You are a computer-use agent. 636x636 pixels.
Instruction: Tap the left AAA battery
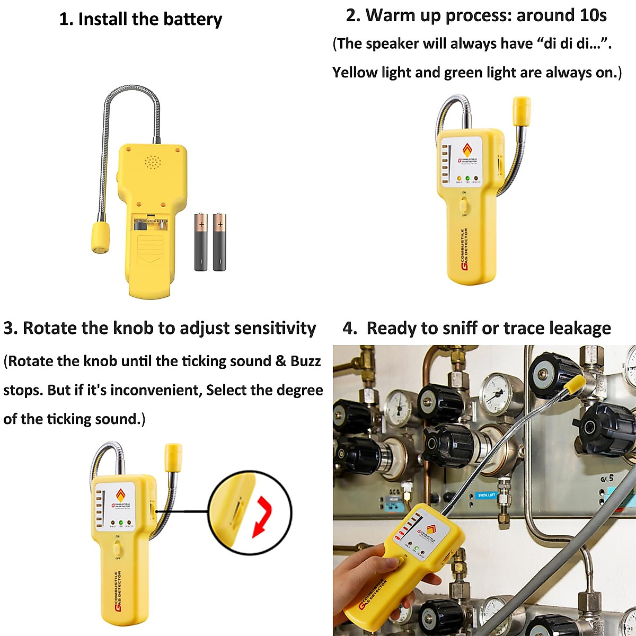click(201, 242)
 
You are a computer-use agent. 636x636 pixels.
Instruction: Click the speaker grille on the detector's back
click(153, 162)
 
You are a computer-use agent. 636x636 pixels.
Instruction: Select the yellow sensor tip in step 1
click(100, 236)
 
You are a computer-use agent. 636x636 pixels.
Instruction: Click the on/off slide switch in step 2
click(464, 204)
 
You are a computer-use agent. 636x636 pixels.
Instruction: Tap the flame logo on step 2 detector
click(467, 150)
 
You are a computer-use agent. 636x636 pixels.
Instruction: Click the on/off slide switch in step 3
click(117, 547)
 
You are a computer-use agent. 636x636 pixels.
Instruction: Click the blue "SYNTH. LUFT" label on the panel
click(486, 495)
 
